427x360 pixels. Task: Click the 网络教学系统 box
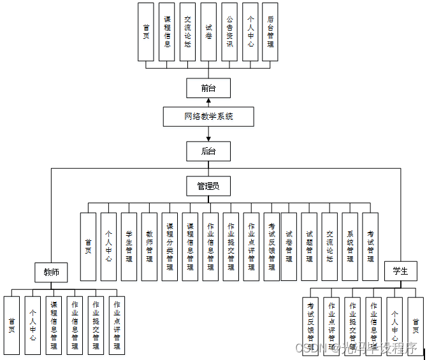click(208, 117)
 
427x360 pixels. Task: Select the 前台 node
click(208, 88)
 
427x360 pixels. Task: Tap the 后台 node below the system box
click(208, 151)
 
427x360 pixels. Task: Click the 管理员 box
click(208, 186)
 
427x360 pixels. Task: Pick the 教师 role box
click(51, 273)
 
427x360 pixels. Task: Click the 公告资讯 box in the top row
click(229, 32)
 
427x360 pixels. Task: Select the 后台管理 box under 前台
click(270, 32)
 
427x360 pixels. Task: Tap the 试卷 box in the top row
click(208, 32)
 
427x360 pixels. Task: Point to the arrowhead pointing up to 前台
click(208, 101)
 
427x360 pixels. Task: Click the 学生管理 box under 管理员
click(129, 247)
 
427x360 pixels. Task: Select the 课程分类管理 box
click(170, 247)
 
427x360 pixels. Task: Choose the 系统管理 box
click(350, 247)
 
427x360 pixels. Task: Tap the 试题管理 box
click(309, 247)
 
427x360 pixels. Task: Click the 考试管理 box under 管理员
click(370, 247)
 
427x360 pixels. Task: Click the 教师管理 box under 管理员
click(149, 247)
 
